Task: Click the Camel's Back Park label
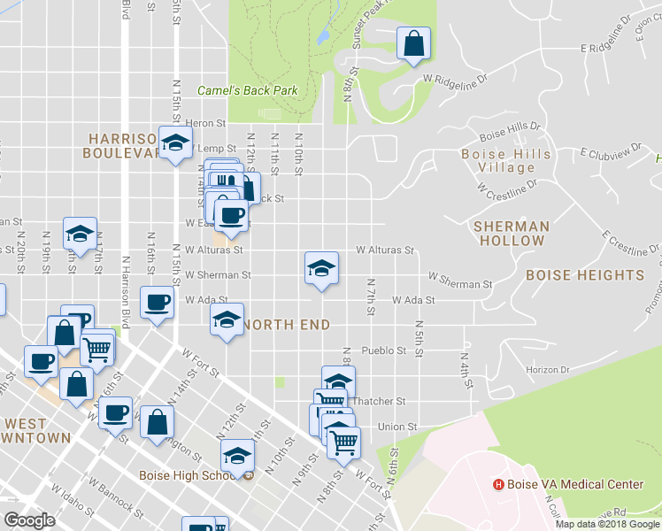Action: [x=247, y=90]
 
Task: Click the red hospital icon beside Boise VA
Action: [x=498, y=485]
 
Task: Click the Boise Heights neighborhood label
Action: [x=585, y=275]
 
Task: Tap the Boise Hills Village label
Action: [x=506, y=160]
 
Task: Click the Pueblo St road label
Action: [x=384, y=350]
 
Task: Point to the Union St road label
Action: [x=397, y=427]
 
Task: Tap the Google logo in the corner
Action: [x=29, y=520]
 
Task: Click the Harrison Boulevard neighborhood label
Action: [x=123, y=145]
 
